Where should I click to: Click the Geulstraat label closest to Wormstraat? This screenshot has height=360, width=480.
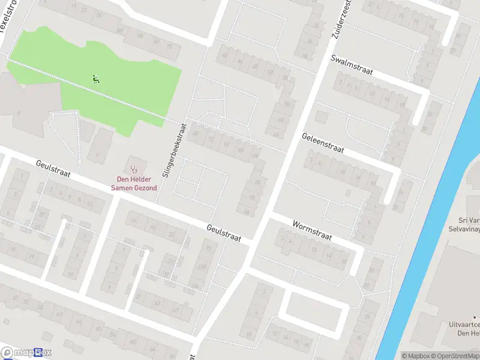[x=227, y=233]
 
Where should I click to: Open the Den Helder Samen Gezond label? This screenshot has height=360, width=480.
[x=134, y=183]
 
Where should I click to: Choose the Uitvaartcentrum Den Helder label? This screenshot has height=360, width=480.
[x=462, y=329]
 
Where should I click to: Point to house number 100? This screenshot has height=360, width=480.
[x=203, y=266]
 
